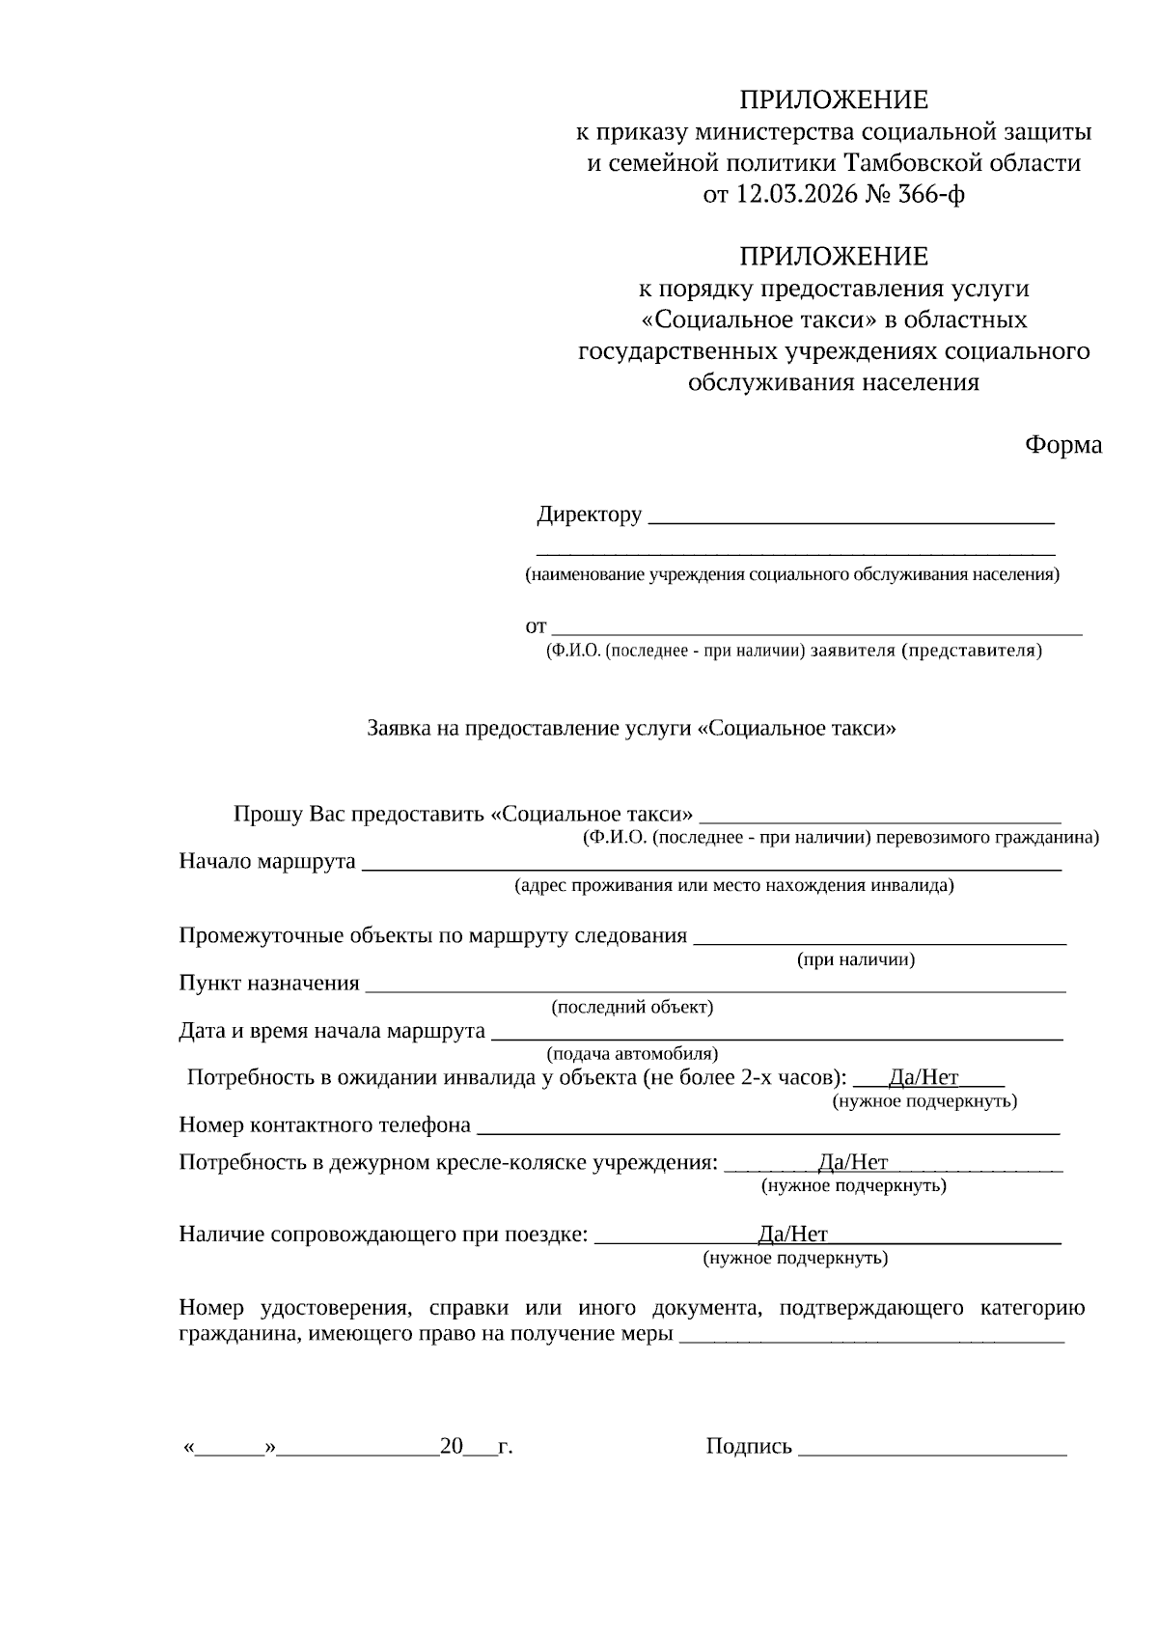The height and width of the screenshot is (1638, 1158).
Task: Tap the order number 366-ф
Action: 931,195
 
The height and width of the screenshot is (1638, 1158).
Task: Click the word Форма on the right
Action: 1062,445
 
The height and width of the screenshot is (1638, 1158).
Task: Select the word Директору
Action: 589,514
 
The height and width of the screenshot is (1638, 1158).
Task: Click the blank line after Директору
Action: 850,518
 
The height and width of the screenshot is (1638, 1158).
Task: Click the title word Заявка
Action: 399,729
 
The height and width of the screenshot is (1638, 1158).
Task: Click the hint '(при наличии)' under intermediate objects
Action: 855,959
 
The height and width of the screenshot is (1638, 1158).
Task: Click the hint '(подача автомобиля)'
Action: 632,1054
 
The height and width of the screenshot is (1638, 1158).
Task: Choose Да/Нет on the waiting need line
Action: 924,1077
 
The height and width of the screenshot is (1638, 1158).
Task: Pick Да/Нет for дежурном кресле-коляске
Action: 852,1162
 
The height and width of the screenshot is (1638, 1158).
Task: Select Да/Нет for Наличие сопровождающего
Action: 792,1234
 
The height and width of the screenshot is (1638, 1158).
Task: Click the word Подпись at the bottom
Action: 749,1446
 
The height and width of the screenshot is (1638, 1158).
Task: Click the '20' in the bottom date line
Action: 452,1446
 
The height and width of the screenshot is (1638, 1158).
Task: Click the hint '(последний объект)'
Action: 632,1007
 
